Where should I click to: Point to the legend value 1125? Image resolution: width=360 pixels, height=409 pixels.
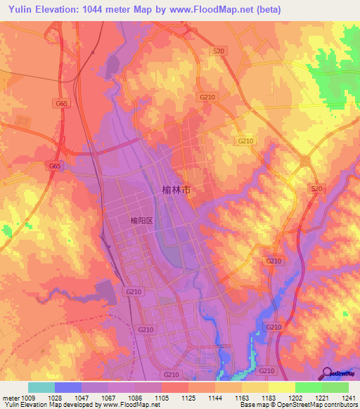[x=188, y=397]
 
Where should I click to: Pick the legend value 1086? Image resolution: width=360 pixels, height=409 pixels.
[x=135, y=397]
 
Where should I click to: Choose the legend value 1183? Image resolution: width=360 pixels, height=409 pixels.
[x=269, y=397]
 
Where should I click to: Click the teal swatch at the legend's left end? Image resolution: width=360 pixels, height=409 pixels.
[x=41, y=387]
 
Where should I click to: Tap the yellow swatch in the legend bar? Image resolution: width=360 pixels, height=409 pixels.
[x=281, y=387]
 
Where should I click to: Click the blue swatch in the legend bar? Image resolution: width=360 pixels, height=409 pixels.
[x=68, y=387]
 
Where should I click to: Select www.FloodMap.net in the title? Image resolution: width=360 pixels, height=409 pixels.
[x=218, y=10]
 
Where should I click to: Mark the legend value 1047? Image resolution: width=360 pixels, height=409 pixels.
[x=82, y=397]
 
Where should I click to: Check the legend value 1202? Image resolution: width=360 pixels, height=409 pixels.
[x=295, y=397]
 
